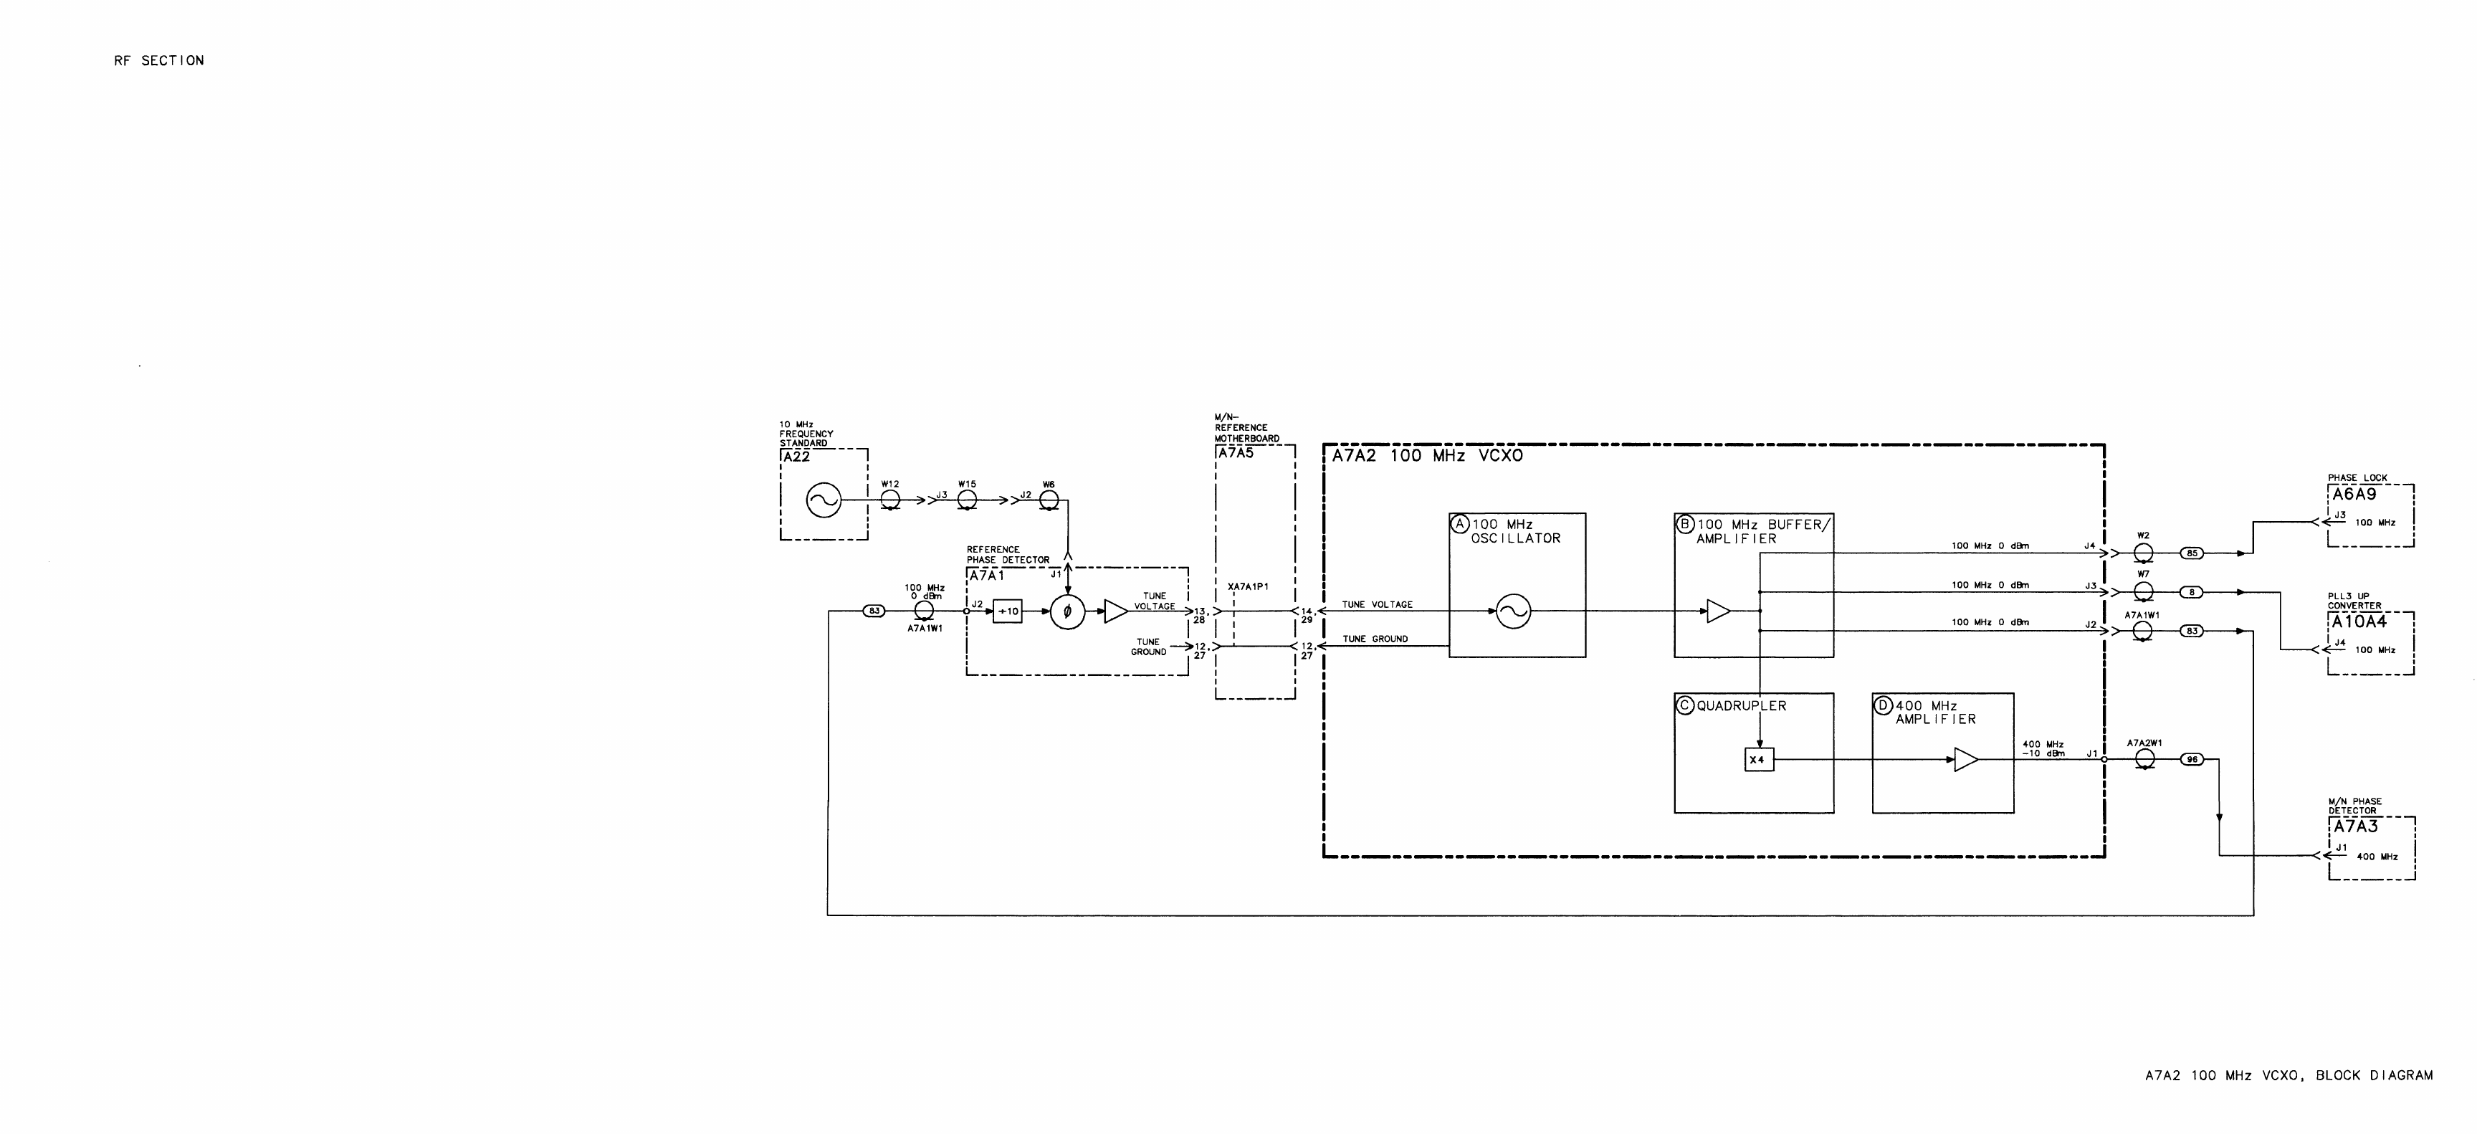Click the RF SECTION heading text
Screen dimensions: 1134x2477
158,61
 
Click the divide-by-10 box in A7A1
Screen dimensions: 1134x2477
1007,611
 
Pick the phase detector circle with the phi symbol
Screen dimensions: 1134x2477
1067,611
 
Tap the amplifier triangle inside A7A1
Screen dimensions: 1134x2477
1115,611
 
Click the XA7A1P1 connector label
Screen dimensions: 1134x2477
1248,587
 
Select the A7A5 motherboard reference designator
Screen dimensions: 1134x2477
1236,453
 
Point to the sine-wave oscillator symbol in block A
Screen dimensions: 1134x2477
1514,611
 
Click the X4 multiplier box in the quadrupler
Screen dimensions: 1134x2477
1757,760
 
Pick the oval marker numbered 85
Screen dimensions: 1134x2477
2192,553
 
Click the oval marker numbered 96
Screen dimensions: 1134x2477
2192,760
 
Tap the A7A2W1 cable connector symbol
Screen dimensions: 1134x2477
2144,760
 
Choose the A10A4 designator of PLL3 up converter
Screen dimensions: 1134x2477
2358,622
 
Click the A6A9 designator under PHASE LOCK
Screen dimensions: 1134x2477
2354,495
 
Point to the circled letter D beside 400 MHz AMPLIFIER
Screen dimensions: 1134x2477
1883,706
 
